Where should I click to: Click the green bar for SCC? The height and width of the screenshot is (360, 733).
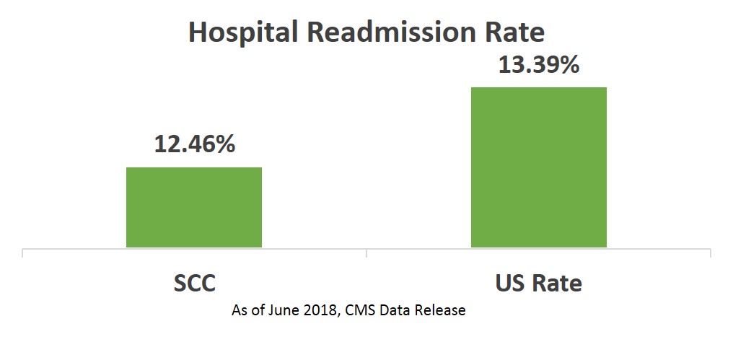(x=194, y=207)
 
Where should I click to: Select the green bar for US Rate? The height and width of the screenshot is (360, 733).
(x=538, y=167)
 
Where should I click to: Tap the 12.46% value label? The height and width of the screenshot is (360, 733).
(x=194, y=144)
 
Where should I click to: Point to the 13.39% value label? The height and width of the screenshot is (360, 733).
(x=538, y=65)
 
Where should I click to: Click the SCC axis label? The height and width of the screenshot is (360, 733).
(x=194, y=283)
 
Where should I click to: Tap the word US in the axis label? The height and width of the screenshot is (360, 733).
(x=509, y=283)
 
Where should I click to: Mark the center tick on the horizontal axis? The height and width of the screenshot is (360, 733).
(x=366, y=253)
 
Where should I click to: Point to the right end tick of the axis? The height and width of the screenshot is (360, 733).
(x=711, y=253)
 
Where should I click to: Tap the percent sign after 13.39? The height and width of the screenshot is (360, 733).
(x=569, y=65)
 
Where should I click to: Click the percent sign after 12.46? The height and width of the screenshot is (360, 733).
(x=225, y=144)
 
